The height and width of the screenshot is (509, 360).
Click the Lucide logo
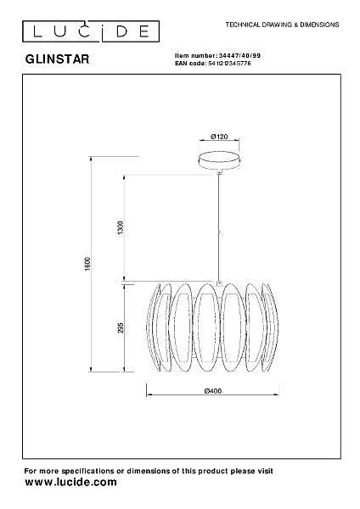tap(91, 31)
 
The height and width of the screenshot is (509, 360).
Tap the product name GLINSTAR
tap(57, 59)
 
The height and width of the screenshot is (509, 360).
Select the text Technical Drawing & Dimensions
tap(282, 25)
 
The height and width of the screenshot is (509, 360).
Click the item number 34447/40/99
tap(239, 55)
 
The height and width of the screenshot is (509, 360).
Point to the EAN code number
tap(229, 64)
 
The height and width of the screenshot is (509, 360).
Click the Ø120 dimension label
tap(219, 137)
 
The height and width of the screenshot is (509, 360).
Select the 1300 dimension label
tap(121, 228)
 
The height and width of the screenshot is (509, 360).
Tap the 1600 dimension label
tap(87, 264)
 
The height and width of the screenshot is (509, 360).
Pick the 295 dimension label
tap(121, 327)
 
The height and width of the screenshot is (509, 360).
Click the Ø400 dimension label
tap(213, 391)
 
